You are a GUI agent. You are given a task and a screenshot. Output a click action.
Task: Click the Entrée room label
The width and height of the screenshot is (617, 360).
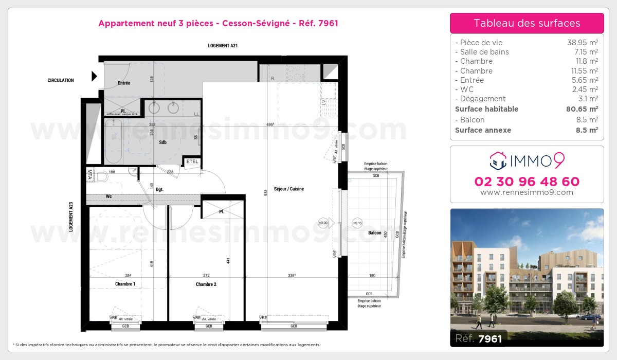coord(124,83)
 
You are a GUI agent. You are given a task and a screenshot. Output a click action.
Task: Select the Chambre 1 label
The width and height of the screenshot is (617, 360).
coord(125,284)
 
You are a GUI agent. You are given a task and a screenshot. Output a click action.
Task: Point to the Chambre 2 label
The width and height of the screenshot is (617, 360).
coord(206,284)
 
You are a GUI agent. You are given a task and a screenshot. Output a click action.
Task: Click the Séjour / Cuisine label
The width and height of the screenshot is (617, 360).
coord(289,189)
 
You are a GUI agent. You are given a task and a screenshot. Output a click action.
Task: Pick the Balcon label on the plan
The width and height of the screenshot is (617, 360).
coord(375,233)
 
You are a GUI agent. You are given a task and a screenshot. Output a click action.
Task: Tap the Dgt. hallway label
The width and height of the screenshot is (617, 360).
coord(159,189)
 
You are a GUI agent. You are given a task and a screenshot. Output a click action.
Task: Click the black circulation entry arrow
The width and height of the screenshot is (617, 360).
coord(94,77)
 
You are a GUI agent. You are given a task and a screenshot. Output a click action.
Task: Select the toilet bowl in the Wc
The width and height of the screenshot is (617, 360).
coord(102,177)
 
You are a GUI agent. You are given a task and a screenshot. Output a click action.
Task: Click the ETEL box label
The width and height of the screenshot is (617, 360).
coord(192,161)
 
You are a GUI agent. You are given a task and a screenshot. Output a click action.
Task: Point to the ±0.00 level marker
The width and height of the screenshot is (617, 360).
coord(323,223)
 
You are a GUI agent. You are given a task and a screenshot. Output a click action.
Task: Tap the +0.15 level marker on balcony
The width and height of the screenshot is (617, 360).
coord(357,223)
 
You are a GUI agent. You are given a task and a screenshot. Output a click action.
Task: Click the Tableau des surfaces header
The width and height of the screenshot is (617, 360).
coord(527,23)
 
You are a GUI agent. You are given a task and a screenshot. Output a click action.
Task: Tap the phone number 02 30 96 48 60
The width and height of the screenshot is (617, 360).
coord(527,182)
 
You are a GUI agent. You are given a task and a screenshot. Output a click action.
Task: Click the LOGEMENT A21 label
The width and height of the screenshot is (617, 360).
coord(222,46)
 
